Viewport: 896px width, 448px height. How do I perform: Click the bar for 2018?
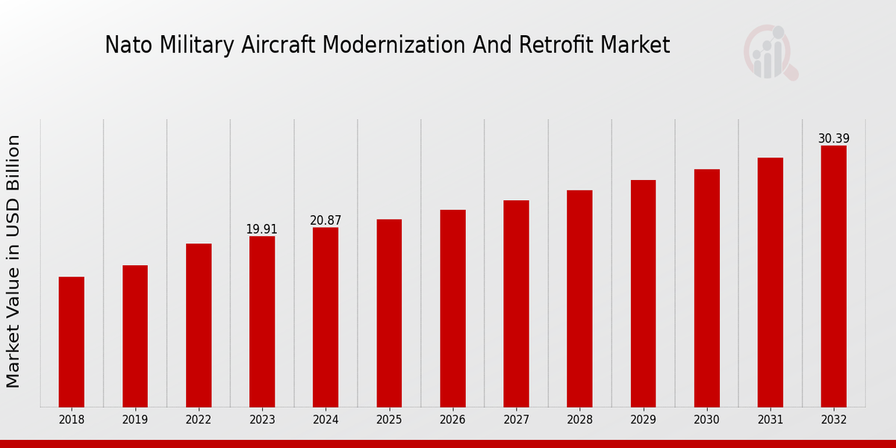[x=72, y=341]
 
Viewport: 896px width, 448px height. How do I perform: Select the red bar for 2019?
[x=135, y=336]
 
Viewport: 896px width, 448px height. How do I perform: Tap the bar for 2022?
[x=199, y=325]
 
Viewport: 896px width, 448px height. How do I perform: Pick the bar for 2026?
[x=452, y=308]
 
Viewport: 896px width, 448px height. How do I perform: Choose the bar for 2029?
[x=643, y=293]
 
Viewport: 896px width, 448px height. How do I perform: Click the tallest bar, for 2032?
[x=833, y=276]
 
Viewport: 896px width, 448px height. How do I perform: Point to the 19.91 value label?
[x=262, y=229]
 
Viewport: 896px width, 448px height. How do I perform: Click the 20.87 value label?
[x=326, y=220]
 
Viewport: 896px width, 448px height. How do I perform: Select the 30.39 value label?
[x=833, y=139]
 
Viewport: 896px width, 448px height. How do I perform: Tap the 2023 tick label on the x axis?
[x=262, y=420]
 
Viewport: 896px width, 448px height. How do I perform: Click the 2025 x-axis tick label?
[x=389, y=420]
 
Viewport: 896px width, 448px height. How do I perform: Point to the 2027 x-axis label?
[x=516, y=420]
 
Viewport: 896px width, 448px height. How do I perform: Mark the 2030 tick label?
[x=706, y=420]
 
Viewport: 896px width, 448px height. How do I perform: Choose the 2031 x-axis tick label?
[x=770, y=420]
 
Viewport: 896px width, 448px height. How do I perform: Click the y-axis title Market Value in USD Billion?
[x=13, y=261]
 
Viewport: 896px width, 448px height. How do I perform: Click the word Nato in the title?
[x=123, y=46]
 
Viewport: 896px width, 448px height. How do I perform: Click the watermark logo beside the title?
[x=770, y=52]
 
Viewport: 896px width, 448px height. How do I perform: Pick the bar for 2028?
[x=579, y=298]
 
